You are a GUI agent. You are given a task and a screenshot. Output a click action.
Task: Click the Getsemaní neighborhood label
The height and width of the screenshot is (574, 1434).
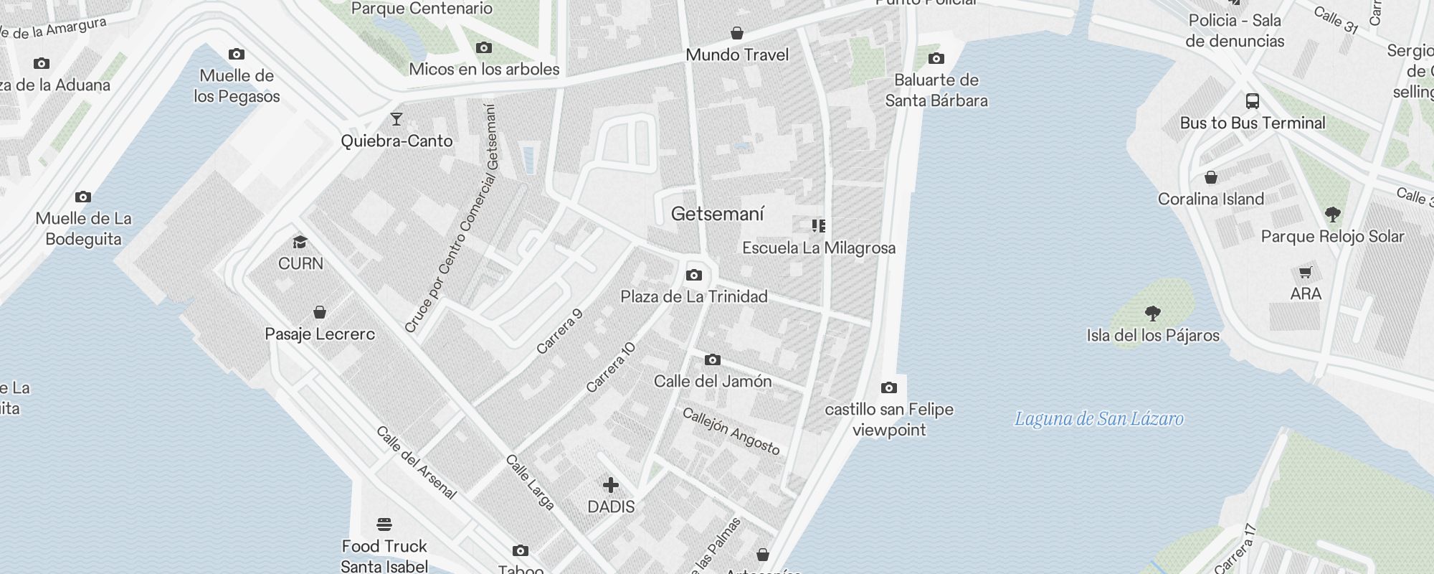(718, 214)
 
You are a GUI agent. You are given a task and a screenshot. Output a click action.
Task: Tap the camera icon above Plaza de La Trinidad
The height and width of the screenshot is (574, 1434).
(694, 276)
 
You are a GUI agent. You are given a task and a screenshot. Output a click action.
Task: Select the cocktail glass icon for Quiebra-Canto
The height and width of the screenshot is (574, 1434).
(397, 119)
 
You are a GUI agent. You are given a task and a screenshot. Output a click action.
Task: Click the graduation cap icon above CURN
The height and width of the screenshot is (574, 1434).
(300, 243)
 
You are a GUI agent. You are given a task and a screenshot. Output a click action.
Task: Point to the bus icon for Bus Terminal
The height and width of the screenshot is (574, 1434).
(1253, 101)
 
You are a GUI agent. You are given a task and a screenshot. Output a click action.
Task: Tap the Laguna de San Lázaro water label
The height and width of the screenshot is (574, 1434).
(1098, 419)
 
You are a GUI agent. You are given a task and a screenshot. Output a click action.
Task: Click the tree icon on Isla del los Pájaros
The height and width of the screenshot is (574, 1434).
(1153, 314)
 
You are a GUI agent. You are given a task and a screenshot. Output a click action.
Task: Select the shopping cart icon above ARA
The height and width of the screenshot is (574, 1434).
(1306, 273)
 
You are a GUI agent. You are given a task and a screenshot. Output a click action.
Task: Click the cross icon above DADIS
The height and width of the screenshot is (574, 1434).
(611, 486)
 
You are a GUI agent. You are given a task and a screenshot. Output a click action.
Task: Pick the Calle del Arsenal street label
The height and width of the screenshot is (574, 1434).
(417, 463)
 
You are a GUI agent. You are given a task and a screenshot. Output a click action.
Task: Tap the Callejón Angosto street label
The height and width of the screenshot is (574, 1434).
(731, 431)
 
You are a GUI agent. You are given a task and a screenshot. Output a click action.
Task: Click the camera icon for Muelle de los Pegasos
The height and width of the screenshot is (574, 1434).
(237, 55)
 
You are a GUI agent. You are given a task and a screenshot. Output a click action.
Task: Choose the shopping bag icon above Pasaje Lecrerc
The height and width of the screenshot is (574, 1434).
(320, 312)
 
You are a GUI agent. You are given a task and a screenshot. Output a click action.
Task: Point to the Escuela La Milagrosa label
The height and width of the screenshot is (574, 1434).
(819, 248)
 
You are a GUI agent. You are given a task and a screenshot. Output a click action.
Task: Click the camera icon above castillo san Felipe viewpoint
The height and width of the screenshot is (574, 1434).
(889, 388)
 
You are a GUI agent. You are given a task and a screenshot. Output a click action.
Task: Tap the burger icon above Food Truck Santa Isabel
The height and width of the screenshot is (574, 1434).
(384, 524)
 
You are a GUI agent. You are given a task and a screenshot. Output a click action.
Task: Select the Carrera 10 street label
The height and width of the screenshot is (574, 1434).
(611, 367)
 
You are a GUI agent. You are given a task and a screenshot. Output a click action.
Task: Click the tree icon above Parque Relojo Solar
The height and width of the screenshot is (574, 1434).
(1333, 215)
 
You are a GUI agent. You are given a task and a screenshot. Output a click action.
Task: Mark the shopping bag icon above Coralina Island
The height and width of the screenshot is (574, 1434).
(1211, 177)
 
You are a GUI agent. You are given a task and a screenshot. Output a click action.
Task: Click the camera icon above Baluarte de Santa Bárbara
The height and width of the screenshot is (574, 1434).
(936, 59)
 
